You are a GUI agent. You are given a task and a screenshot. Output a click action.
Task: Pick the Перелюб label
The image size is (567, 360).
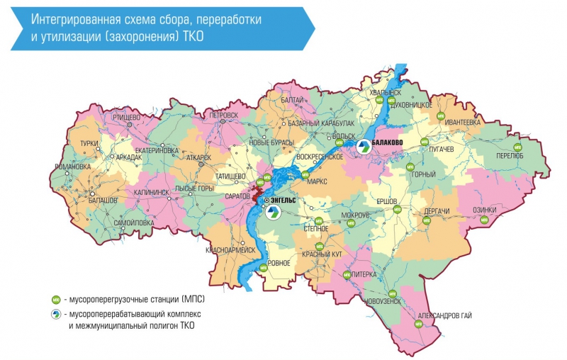[510, 155]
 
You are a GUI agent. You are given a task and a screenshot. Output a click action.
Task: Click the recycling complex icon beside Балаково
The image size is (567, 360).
[363, 147]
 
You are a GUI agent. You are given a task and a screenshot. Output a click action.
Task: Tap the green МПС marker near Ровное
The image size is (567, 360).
[263, 267]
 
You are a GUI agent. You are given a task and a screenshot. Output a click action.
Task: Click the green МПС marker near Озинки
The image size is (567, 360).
[485, 220]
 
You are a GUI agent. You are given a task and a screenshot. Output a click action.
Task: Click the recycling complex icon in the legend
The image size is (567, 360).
[55, 313]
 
